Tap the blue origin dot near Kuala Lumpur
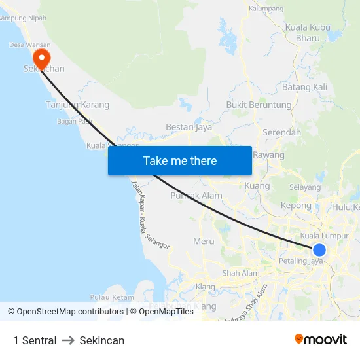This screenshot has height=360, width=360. point(319,249)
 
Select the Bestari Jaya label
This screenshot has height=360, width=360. point(189,127)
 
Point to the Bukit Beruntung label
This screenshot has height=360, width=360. point(259,105)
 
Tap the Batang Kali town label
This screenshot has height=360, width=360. point(304,87)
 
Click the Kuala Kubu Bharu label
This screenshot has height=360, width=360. point(307,33)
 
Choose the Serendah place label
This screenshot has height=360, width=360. point(281,132)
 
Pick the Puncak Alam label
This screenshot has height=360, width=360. point(196,195)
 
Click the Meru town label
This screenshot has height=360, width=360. point(204,241)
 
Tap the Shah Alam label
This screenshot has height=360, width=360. point(241,273)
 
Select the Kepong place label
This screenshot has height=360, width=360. point(296,206)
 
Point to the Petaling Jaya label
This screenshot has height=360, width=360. point(302,261)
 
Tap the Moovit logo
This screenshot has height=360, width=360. point(321,339)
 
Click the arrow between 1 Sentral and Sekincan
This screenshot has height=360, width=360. point(68,340)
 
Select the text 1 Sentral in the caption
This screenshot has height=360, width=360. point(35,340)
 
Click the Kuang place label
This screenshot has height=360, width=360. point(257,186)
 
